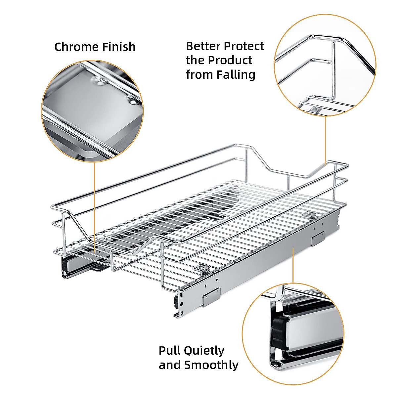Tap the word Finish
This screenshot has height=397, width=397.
tap(118, 47)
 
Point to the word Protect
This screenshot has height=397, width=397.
tap(244, 46)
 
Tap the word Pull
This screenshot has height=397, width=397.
tap(169, 350)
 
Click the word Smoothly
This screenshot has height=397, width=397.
tap(211, 365)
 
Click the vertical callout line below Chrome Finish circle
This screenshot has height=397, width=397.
tap(95, 205)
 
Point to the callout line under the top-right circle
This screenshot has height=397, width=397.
tap(325, 139)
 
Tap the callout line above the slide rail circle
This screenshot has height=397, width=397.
tap(293, 265)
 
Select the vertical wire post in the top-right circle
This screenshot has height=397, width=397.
tap(333, 69)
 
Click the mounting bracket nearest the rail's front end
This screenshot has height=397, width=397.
tap(211, 297)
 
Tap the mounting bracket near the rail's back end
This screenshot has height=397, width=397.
tap(318, 238)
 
